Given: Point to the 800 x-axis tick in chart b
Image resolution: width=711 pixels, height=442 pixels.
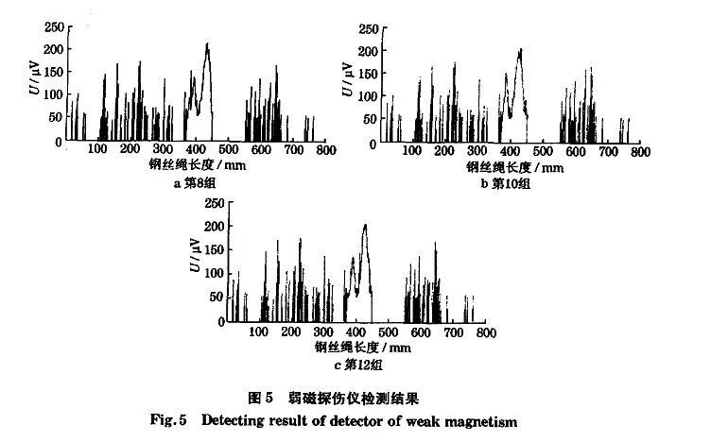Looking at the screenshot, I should click(640, 152).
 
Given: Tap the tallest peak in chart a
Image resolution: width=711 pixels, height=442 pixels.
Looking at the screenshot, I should click(206, 44).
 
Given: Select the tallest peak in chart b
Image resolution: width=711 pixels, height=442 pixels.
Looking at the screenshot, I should click(519, 50).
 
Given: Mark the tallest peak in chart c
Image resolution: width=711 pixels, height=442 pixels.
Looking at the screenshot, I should click(365, 226).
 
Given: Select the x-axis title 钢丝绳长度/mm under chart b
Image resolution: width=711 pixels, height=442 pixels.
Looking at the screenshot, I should click(514, 167).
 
